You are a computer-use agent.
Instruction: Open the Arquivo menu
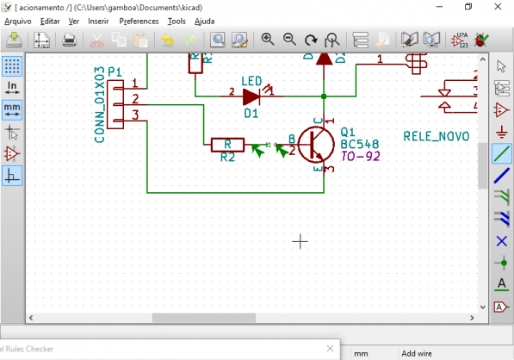18,20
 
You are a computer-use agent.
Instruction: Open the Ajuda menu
205,20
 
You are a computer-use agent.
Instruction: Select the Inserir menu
98,20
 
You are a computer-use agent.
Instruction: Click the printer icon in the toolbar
70,40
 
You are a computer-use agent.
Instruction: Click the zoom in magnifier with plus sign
268,40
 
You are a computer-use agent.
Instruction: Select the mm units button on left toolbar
12,109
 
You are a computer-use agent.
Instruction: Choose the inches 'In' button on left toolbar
12,87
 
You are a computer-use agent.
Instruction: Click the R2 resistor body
227,145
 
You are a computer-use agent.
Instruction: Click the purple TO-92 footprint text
360,157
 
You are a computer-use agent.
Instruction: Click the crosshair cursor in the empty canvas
300,242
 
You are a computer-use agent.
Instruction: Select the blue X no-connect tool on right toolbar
502,239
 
